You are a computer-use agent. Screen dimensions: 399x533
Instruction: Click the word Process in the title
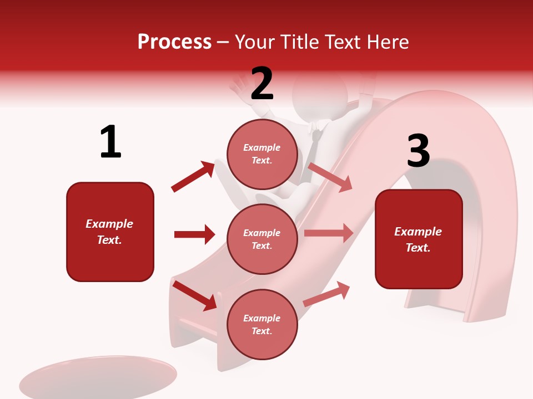pos(174,42)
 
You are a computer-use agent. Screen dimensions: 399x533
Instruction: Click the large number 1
pos(110,142)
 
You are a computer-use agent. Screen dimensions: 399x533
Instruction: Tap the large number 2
pos(262,84)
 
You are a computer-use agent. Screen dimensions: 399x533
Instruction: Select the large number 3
pos(418,151)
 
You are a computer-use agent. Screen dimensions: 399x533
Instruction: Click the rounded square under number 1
pos(110,232)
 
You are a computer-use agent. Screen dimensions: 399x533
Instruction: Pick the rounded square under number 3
pos(419,239)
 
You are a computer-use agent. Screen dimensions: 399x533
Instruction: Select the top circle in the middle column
pos(262,154)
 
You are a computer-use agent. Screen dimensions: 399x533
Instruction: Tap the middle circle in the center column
pos(262,239)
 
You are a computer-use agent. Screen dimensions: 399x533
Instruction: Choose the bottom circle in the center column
pos(262,324)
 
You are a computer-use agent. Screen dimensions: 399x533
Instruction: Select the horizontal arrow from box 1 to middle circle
pos(194,234)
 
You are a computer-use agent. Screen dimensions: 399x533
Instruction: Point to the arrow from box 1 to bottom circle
pos(194,295)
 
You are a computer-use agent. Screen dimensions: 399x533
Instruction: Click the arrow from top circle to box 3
pos(330,177)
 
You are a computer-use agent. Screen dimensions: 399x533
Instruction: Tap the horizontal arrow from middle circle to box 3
pos(329,233)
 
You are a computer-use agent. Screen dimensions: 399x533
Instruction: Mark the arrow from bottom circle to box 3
pos(326,294)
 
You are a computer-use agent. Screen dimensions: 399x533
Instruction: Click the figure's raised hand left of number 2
pos(240,89)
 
